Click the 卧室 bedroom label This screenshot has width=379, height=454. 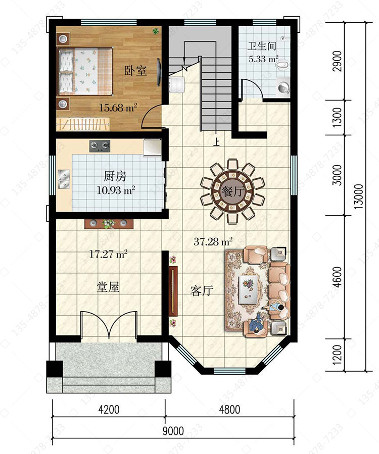pos(135,71)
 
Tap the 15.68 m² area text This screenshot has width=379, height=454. pos(118,108)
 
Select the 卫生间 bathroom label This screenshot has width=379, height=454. pos(262,46)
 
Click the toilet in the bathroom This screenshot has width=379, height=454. pos(282,66)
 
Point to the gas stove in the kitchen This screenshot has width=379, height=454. pos(100,146)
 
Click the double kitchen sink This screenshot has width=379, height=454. pos(64,179)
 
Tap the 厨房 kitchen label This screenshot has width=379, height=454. pos(115,176)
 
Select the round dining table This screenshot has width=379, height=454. pos(232,191)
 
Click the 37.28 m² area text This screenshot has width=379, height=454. pos(213,241)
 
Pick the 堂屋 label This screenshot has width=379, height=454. pos(108,287)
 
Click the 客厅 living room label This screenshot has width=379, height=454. pos(202,290)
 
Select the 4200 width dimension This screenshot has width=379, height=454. pos(109,410)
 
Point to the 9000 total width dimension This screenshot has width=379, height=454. pos(173,431)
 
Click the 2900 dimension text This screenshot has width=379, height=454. pos(337,61)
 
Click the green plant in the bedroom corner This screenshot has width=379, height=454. pos(156,31)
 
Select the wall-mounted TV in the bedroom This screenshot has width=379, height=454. pos(159,72)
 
